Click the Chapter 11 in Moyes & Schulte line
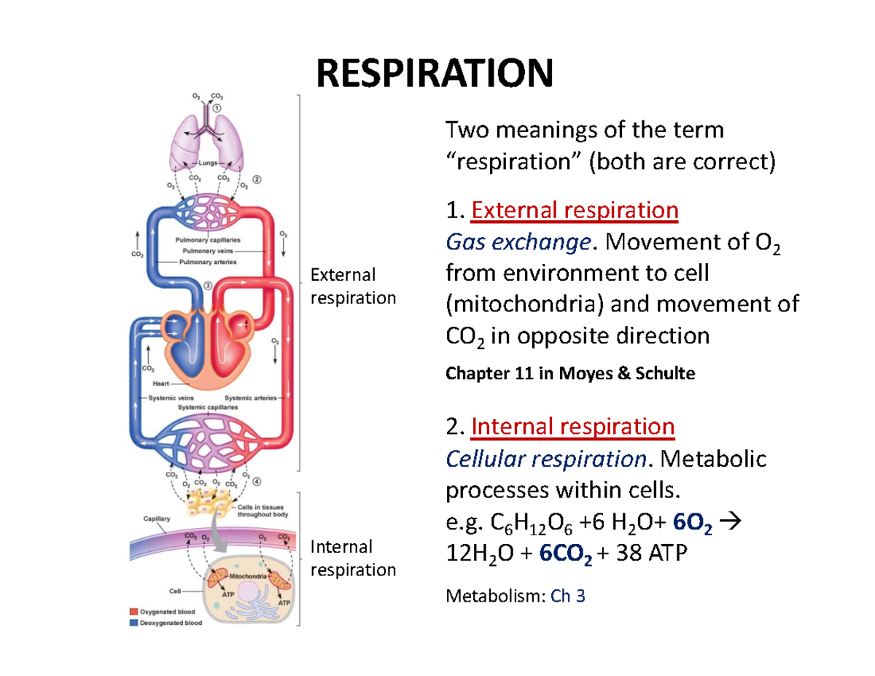569,374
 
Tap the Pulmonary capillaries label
209,239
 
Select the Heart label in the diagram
161,384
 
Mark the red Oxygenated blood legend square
133,612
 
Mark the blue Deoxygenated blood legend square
133,623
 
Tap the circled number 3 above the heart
208,286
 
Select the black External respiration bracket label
353,286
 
